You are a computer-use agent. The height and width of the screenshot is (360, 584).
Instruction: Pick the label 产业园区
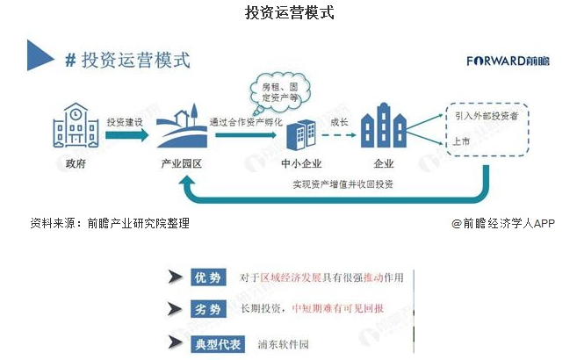pos(182,164)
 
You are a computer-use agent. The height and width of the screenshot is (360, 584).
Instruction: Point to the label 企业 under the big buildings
pos(384,164)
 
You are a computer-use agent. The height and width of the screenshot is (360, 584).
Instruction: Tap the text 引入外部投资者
pos(484,115)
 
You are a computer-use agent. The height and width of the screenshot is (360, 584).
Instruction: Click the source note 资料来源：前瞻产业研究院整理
pos(110,223)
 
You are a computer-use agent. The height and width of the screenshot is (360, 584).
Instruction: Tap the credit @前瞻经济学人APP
pos(503,223)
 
